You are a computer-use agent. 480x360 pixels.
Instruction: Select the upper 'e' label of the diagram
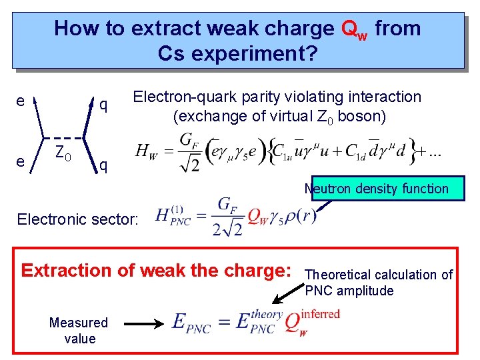pos(21,102)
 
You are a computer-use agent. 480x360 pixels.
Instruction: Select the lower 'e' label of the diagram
pos(21,161)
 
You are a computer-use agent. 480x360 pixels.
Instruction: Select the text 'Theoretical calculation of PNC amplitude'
pos(378,282)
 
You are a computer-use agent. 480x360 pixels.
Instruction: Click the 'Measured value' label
pos(78,330)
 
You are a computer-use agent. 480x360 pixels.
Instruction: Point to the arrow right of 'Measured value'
pos(145,324)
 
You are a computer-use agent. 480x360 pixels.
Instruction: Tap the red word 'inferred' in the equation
pos(320,313)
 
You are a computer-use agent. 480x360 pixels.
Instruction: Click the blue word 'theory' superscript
pos(267,313)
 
